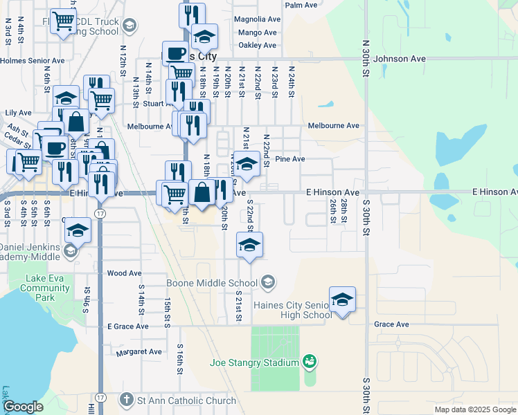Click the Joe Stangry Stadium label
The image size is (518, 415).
[254, 362]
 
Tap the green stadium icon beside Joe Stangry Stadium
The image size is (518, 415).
[310, 362]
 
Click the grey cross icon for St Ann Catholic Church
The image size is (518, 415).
[126, 400]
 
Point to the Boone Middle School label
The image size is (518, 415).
[212, 283]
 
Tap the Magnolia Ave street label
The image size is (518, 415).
[256, 19]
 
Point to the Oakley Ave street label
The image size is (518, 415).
[257, 45]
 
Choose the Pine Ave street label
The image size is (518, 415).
[290, 159]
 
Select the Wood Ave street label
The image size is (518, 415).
[125, 274]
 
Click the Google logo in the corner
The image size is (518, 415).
[23, 407]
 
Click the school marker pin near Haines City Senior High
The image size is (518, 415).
[342, 299]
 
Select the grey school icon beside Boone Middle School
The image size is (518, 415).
[268, 282]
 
